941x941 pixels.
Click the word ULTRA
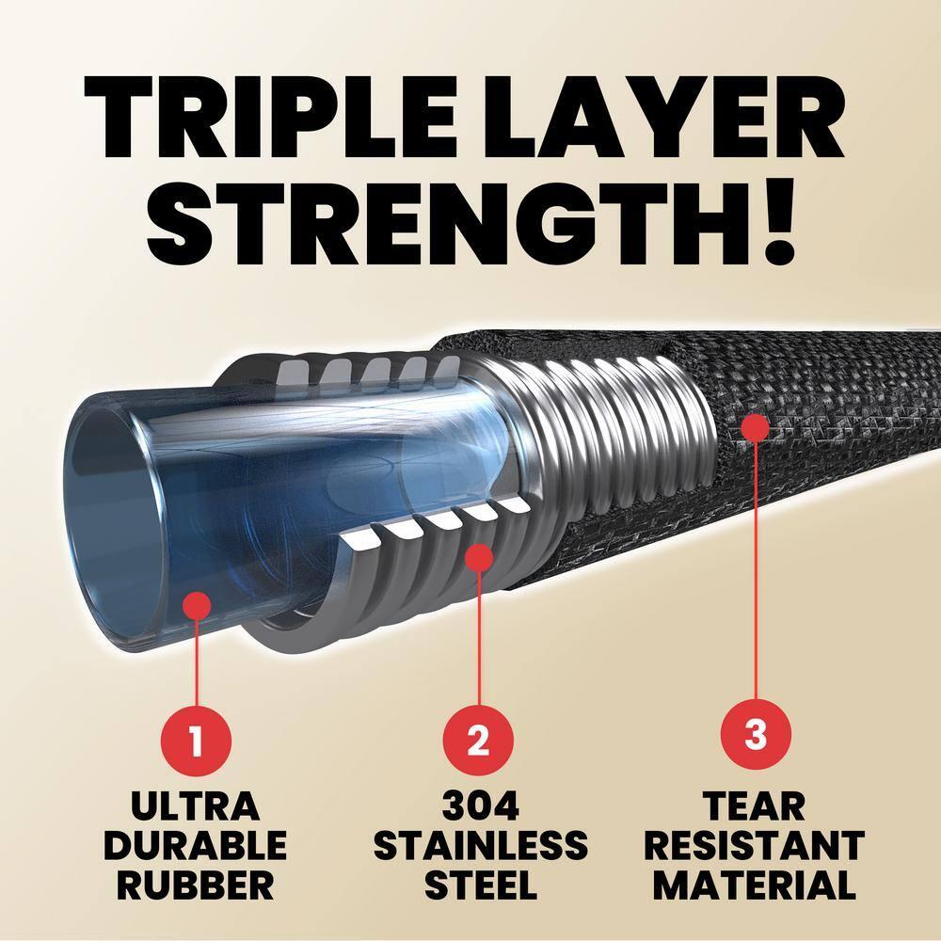pos(195,807)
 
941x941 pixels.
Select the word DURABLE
pos(195,845)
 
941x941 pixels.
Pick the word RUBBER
pos(195,885)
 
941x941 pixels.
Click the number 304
pos(480,807)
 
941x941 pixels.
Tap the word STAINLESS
pos(480,845)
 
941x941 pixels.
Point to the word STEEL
pos(480,885)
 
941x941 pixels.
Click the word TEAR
pos(756,807)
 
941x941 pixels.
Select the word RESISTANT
pos(756,845)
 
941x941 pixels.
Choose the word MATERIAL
pos(756,885)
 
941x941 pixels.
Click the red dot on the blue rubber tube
pos(196,603)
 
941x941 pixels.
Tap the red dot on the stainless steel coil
pos(479,556)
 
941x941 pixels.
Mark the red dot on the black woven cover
pos(755,426)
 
